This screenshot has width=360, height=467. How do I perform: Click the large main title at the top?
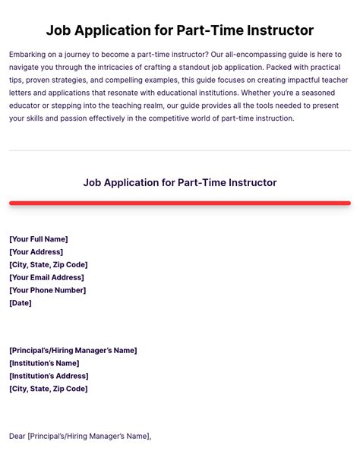[179, 30]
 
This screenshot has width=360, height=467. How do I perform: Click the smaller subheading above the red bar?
[179, 182]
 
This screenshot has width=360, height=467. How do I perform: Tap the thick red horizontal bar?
[179, 204]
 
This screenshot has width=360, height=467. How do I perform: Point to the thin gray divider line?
[179, 150]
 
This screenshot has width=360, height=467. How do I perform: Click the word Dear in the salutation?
[17, 436]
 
